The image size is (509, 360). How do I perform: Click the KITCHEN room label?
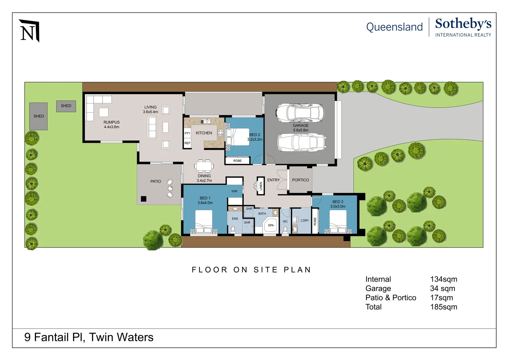(x=204, y=133)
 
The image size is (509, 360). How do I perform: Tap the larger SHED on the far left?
(x=38, y=116)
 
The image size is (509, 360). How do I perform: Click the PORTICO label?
(x=300, y=180)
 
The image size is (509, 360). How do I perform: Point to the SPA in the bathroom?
(x=270, y=225)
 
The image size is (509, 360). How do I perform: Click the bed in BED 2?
(x=238, y=137)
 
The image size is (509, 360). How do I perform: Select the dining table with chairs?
(x=204, y=166)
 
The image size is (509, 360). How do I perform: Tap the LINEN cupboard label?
(x=261, y=186)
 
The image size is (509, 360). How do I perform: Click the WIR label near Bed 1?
(x=235, y=191)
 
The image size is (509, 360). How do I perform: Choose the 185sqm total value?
(x=443, y=307)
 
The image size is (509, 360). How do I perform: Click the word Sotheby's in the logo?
(x=463, y=24)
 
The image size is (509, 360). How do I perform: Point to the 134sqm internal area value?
(x=443, y=279)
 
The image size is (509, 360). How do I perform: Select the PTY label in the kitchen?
(x=188, y=133)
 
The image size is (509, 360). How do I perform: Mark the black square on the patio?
(x=144, y=199)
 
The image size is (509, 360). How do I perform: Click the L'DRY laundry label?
(x=304, y=221)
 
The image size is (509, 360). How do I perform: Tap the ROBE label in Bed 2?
(x=238, y=161)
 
